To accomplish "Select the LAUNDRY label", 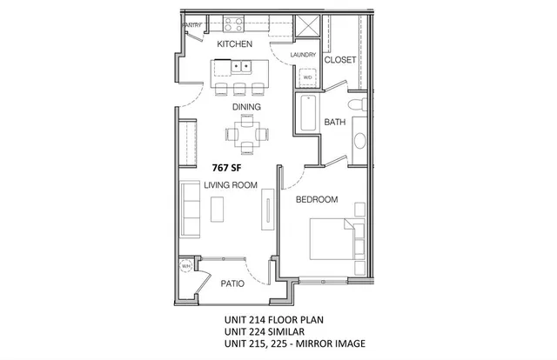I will click(x=304, y=53).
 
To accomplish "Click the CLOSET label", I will click(x=339, y=61).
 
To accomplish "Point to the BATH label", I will click(x=336, y=123).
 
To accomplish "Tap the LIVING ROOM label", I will click(x=231, y=184).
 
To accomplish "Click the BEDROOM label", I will click(x=316, y=199).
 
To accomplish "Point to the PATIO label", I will click(x=232, y=283).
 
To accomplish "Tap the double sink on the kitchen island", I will click(x=239, y=66).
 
